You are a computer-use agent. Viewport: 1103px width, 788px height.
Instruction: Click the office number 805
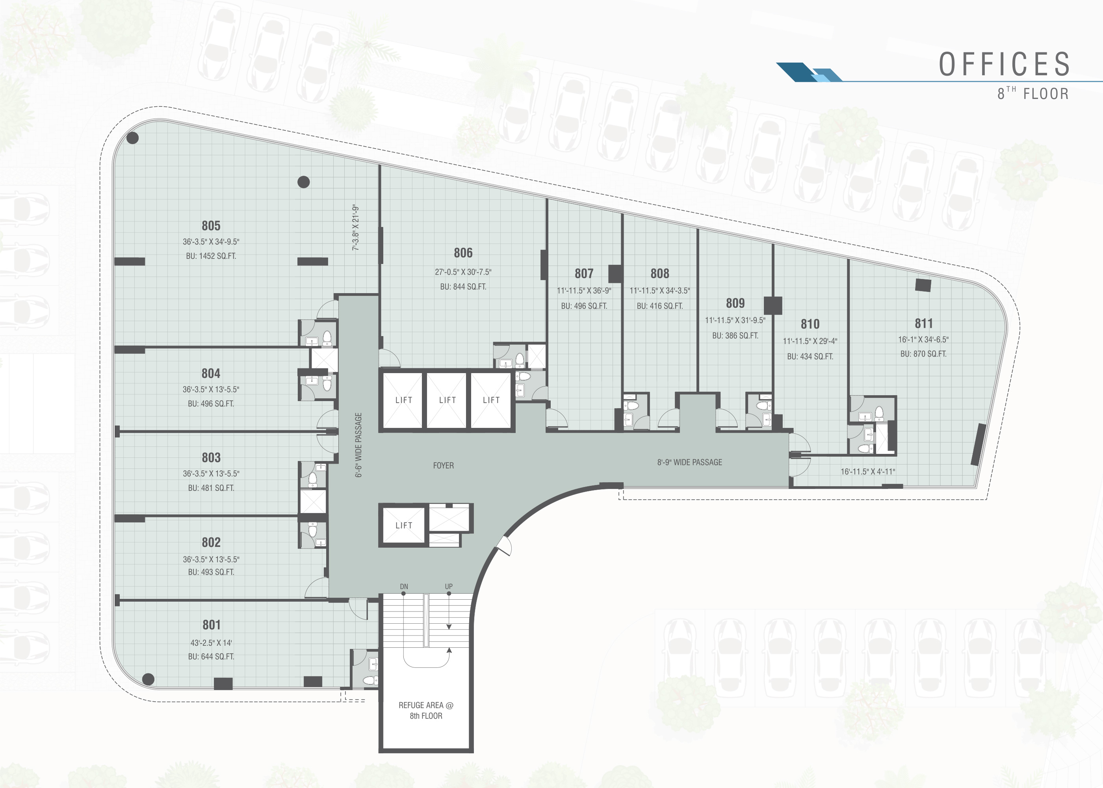coord(211,226)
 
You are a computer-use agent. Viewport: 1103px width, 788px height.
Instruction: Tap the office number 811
coord(923,323)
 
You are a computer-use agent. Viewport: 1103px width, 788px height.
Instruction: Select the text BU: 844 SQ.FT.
coord(463,287)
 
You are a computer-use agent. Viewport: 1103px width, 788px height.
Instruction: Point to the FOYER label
coord(443,465)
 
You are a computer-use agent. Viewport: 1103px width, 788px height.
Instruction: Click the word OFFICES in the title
coord(1005,64)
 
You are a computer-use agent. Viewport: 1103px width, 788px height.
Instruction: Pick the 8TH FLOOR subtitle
coord(1032,93)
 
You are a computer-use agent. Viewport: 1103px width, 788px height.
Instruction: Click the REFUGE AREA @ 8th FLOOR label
coord(426,710)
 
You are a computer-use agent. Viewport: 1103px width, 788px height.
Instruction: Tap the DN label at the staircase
coord(404,587)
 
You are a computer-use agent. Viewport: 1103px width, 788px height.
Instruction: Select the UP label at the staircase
coord(449,587)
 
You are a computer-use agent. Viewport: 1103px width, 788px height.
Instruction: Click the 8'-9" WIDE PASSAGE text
coord(689,463)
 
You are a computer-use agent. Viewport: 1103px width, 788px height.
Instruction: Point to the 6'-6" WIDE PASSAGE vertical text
coord(358,445)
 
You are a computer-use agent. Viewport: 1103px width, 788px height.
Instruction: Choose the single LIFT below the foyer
coord(403,525)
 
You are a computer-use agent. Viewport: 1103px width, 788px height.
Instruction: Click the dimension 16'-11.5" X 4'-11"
coord(868,471)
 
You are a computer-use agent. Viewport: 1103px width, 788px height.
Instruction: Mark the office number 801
coord(211,624)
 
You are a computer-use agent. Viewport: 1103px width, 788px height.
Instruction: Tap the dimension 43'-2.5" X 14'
coord(211,643)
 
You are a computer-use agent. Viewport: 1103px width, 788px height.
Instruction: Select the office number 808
coord(660,274)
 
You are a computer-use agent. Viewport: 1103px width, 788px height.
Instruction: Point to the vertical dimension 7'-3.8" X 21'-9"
coord(356,228)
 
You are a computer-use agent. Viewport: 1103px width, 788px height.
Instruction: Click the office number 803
coord(211,457)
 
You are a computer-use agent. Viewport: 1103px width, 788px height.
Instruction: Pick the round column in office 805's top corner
coord(132,138)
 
